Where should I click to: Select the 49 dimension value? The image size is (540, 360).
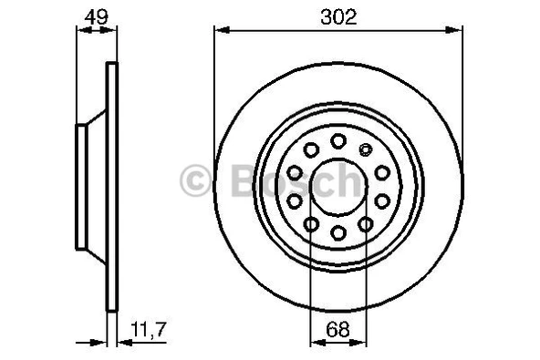tap(93, 15)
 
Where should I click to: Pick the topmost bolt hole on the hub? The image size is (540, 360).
tap(338, 140)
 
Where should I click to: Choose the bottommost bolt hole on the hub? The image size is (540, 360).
tap(337, 233)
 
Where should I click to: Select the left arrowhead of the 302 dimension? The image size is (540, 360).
tap(220, 31)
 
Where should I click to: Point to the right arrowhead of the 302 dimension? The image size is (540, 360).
tap(455, 31)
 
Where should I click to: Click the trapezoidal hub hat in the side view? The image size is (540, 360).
tap(91, 189)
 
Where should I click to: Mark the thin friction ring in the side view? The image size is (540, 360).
tap(112, 189)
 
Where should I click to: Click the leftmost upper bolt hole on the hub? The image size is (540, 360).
tap(295, 172)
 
